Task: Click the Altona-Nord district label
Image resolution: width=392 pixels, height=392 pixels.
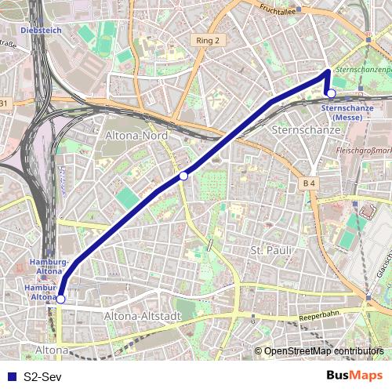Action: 136,135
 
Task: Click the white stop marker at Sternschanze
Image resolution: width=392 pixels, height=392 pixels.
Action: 331,93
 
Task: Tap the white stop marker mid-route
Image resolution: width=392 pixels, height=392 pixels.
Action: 183,176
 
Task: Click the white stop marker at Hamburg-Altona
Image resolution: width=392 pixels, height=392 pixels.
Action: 60,299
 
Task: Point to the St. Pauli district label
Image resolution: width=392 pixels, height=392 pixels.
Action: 270,250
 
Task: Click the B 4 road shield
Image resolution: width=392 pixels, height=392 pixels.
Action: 310,183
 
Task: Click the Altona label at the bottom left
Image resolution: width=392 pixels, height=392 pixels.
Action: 52,349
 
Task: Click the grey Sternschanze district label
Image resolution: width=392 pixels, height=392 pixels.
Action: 301,127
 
